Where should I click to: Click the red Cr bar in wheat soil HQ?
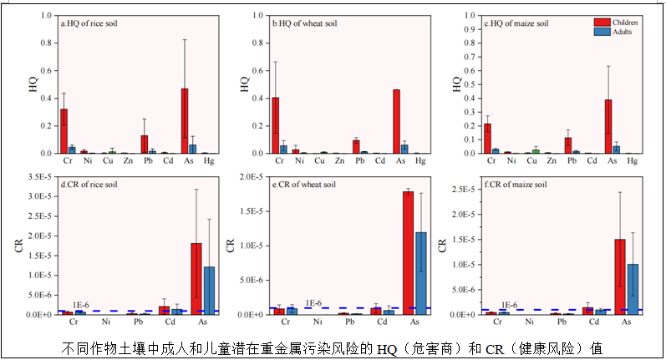pos(275,125)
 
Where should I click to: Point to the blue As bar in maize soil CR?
pos(634,289)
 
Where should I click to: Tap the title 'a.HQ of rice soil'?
pos(89,23)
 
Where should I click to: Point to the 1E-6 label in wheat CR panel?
pos(313,303)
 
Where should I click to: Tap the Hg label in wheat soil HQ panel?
pos(420,160)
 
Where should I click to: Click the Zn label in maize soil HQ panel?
pos(547,160)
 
